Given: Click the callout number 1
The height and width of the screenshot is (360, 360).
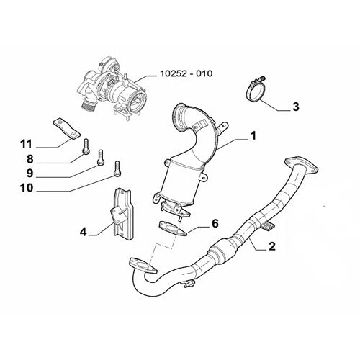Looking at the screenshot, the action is [x=253, y=136].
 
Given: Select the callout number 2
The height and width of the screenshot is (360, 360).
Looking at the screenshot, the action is [x=272, y=246].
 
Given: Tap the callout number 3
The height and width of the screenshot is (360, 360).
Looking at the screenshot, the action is [x=296, y=107].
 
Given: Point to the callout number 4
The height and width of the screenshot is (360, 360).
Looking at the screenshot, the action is [x=83, y=232].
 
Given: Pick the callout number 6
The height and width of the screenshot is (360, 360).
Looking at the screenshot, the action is [x=215, y=224].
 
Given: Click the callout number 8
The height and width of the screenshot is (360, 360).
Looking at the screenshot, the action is [x=30, y=159].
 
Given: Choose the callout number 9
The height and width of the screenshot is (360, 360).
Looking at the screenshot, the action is [x=30, y=174].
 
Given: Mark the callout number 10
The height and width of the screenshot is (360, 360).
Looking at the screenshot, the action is [x=27, y=188].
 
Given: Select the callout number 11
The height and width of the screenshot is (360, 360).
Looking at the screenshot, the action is [x=26, y=144].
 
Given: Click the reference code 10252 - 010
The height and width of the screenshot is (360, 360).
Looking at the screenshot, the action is [x=186, y=73].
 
